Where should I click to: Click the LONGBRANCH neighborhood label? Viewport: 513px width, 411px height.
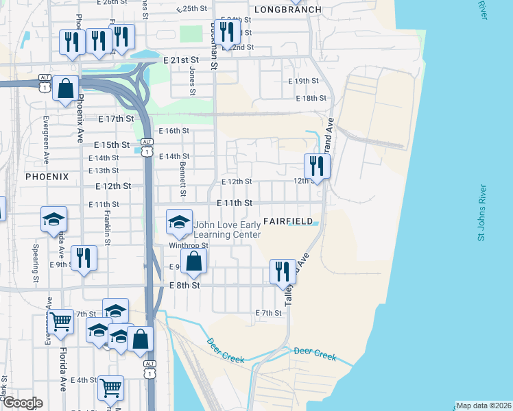click(x=283, y=10)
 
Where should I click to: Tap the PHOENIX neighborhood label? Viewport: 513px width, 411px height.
click(x=47, y=176)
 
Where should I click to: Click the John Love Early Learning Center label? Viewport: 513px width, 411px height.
click(x=228, y=229)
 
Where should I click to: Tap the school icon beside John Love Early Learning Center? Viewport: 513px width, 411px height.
click(x=179, y=221)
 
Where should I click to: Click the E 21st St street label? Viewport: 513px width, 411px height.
click(x=185, y=60)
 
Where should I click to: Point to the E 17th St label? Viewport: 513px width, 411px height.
click(x=115, y=119)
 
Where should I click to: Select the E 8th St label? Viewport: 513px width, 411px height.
click(x=184, y=285)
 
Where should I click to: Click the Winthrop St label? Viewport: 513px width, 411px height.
click(x=189, y=245)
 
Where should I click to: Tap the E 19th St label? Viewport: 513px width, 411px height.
click(x=303, y=81)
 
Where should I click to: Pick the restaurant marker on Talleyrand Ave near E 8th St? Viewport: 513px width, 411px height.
click(x=283, y=271)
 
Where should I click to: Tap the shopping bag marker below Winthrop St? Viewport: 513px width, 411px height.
click(x=194, y=260)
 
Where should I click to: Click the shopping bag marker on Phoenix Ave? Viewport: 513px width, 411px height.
click(x=66, y=88)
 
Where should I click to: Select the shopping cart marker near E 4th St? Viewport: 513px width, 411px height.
click(x=110, y=388)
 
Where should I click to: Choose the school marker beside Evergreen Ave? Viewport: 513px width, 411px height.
click(x=53, y=219)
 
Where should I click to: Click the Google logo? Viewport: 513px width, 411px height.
click(x=23, y=403)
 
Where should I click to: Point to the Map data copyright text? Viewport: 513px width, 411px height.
click(x=484, y=406)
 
